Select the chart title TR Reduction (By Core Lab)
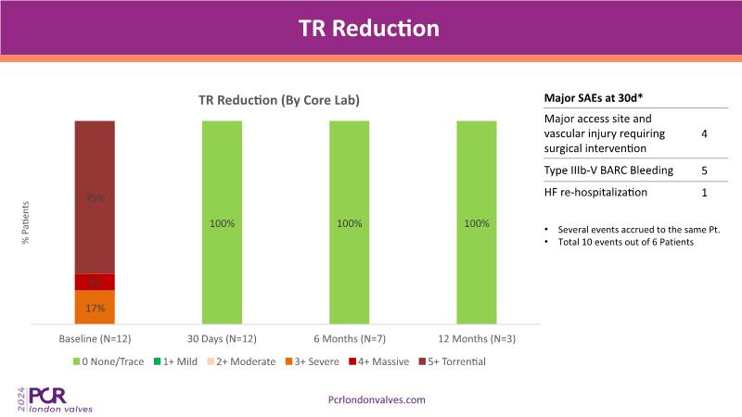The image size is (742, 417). [278, 100]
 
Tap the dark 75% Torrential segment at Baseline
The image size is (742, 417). [95, 196]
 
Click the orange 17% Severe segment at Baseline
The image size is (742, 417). [95, 308]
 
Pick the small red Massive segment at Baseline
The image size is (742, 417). [95, 282]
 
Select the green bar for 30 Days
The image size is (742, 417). [221, 222]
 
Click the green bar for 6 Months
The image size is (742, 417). [349, 222]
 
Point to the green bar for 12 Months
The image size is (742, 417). [477, 222]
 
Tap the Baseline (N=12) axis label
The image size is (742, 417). [95, 338]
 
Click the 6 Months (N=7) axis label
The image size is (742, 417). [349, 338]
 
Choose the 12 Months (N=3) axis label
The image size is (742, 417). [477, 338]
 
